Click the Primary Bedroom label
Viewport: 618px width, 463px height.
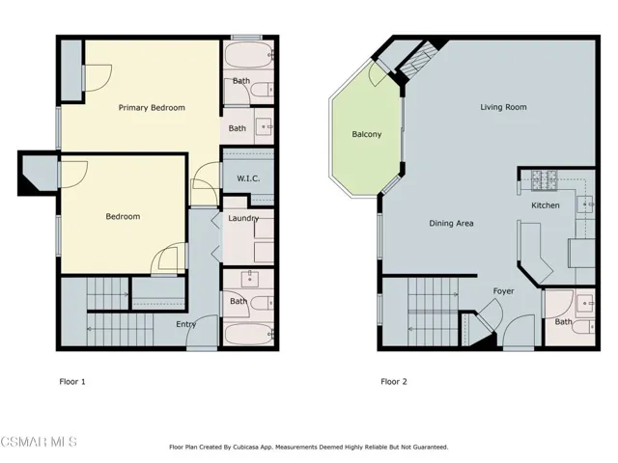152,107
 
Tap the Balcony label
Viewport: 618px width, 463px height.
366,134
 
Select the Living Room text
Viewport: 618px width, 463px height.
503,107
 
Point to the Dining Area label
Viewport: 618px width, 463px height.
451,223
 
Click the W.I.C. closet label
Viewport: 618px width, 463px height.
248,178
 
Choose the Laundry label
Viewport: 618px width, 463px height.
242,218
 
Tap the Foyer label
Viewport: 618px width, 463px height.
503,290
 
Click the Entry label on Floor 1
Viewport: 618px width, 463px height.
186,324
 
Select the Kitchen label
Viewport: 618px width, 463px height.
546,205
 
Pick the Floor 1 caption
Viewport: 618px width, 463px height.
72,381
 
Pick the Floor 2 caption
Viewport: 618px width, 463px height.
393,381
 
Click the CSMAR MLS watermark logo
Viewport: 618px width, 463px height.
39,442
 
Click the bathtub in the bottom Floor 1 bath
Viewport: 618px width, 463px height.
248,336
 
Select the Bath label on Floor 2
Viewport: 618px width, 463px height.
562,321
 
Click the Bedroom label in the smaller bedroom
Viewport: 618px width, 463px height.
123,216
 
